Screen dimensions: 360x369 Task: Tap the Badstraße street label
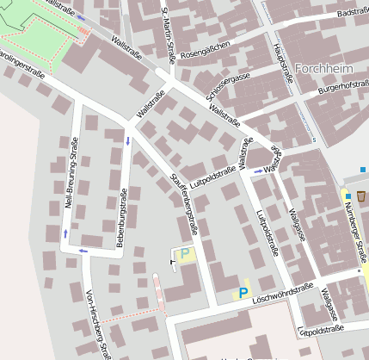(x=353, y=14)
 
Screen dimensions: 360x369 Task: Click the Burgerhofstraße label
(x=342, y=87)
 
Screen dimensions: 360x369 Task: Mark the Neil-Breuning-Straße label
(x=69, y=176)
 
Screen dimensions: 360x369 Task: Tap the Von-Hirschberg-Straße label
(x=97, y=323)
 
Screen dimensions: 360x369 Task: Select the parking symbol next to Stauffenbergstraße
(x=184, y=253)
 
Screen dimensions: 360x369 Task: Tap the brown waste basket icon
(x=360, y=196)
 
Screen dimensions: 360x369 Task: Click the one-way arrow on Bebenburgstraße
(x=128, y=140)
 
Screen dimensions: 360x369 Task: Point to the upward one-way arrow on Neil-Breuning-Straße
(x=65, y=233)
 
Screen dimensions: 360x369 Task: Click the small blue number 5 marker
(x=314, y=140)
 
